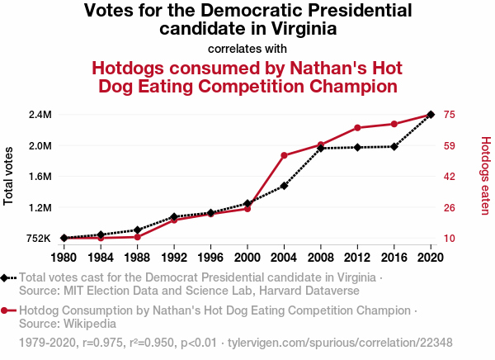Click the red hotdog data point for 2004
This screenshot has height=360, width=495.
[284, 155]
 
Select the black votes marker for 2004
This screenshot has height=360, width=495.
[284, 186]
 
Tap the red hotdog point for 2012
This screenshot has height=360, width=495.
[357, 128]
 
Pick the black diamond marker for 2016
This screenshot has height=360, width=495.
[394, 147]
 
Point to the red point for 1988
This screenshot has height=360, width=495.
[137, 237]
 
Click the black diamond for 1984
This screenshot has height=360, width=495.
[101, 234]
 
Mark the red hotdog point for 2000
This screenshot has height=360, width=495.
[247, 208]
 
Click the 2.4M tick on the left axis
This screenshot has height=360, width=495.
[40, 114]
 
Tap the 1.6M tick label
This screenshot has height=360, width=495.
[40, 177]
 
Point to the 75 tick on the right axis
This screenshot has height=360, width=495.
[450, 114]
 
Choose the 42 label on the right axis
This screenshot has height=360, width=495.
[450, 177]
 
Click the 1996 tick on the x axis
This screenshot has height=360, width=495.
[210, 256]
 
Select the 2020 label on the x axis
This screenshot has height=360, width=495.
[431, 256]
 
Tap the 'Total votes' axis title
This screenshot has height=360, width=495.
[9, 176]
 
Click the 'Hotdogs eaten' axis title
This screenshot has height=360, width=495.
[485, 176]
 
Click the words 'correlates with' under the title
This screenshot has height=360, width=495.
[247, 48]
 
